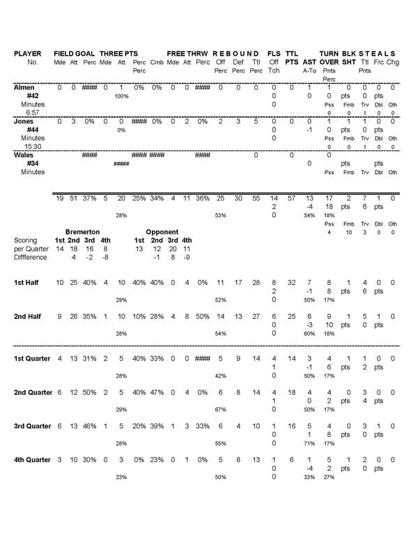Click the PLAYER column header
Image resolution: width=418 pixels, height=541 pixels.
click(x=28, y=54)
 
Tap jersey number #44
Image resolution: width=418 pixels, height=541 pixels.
click(x=31, y=130)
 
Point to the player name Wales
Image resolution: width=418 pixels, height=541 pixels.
click(x=24, y=155)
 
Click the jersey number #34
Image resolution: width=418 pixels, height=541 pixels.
click(x=31, y=164)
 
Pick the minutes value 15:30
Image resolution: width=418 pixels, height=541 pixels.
click(x=31, y=146)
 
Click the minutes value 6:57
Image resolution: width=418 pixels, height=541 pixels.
click(x=31, y=112)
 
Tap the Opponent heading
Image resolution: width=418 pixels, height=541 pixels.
click(x=163, y=231)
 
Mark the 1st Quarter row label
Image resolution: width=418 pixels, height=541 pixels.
click(x=33, y=359)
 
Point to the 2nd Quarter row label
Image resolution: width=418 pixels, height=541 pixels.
click(x=33, y=393)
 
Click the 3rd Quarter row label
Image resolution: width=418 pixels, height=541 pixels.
click(x=33, y=426)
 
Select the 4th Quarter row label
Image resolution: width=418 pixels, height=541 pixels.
click(x=33, y=460)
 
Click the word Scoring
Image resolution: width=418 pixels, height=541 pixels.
click(x=26, y=240)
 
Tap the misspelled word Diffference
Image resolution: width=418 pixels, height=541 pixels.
click(x=31, y=257)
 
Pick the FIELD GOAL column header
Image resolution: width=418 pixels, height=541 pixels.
click(x=75, y=54)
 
